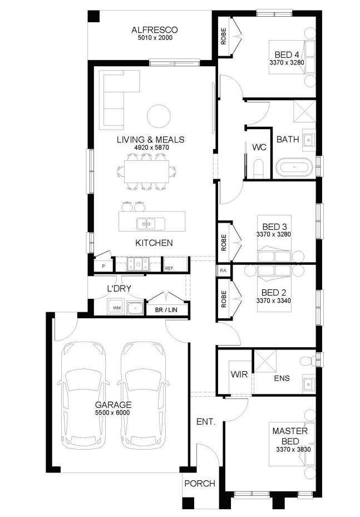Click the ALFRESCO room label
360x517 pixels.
154,30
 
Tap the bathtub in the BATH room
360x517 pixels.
294,168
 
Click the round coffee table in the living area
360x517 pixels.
159,116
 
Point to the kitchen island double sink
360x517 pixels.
151,224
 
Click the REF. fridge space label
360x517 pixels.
170,268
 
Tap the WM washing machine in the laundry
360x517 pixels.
116,308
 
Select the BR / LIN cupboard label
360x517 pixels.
166,310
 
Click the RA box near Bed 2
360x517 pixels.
223,270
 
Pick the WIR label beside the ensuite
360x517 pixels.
239,375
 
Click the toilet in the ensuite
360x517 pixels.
307,361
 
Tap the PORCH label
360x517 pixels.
199,484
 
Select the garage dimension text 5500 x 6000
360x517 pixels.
113,413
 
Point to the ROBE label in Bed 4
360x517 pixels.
224,36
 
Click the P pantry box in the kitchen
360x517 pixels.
103,265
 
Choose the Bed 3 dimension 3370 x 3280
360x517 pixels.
274,234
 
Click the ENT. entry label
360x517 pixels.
206,421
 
